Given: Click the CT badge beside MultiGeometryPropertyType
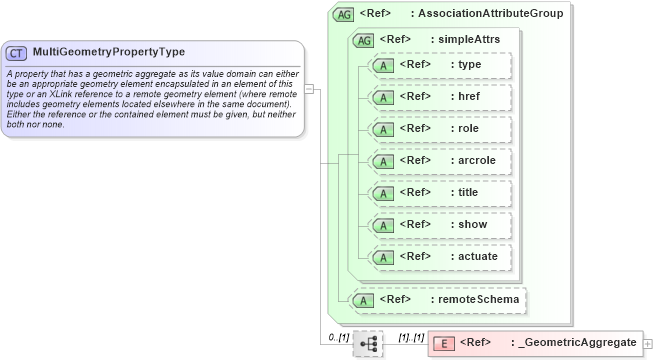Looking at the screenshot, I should point(17,52).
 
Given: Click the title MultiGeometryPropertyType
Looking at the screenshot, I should point(108,52).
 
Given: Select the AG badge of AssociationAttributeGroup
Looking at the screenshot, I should point(343,14).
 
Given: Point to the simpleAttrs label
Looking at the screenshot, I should point(473,39).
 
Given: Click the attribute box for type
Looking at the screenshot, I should point(439,65).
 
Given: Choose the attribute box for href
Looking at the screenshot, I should point(439,97).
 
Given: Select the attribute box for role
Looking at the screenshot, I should point(439,129).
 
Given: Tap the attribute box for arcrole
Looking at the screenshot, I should point(439,161).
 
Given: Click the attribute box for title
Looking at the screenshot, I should point(439,193).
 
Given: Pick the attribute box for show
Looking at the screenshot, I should point(439,225).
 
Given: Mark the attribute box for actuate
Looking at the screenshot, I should point(439,257).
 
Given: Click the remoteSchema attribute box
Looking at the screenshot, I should point(434,298).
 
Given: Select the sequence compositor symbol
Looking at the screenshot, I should point(368,343).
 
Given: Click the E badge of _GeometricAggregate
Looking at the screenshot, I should point(447,343).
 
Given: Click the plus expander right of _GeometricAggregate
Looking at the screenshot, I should point(648,343).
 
